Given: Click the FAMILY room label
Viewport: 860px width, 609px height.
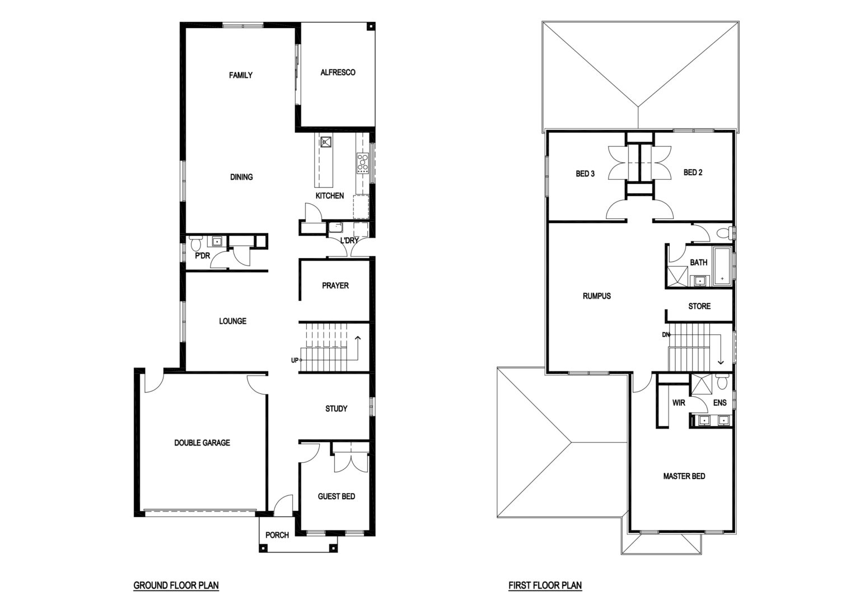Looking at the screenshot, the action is click(x=241, y=75).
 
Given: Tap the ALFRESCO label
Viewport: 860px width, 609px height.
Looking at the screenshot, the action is click(x=338, y=73).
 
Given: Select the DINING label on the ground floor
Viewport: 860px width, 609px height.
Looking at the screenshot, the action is click(x=241, y=177).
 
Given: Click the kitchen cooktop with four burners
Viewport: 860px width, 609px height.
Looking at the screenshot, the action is click(x=362, y=163).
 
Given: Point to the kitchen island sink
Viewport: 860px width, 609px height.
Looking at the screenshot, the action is click(x=326, y=142).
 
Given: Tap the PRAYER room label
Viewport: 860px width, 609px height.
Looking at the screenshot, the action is click(x=335, y=286).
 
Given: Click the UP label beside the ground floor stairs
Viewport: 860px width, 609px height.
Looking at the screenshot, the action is click(x=295, y=360).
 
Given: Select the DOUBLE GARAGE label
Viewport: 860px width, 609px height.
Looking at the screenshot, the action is click(x=202, y=443).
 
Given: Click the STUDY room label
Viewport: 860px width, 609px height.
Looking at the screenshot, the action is click(x=336, y=409).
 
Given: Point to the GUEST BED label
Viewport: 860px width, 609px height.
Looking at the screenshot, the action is click(x=336, y=496).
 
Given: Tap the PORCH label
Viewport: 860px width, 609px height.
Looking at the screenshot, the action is click(x=277, y=535).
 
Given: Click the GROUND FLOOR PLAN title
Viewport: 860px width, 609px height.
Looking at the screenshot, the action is click(x=176, y=585).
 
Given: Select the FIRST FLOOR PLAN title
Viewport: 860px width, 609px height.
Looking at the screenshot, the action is click(x=545, y=585).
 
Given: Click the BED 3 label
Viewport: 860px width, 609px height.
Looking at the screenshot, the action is click(x=585, y=174).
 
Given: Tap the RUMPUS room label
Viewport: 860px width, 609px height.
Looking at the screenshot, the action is click(x=597, y=296).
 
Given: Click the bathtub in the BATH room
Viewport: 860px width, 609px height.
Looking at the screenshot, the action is click(x=722, y=266).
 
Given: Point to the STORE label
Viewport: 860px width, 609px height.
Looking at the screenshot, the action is click(x=699, y=306).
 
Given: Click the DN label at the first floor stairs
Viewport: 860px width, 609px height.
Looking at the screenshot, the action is click(x=666, y=334).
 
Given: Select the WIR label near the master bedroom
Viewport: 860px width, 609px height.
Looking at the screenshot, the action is click(x=679, y=403).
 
